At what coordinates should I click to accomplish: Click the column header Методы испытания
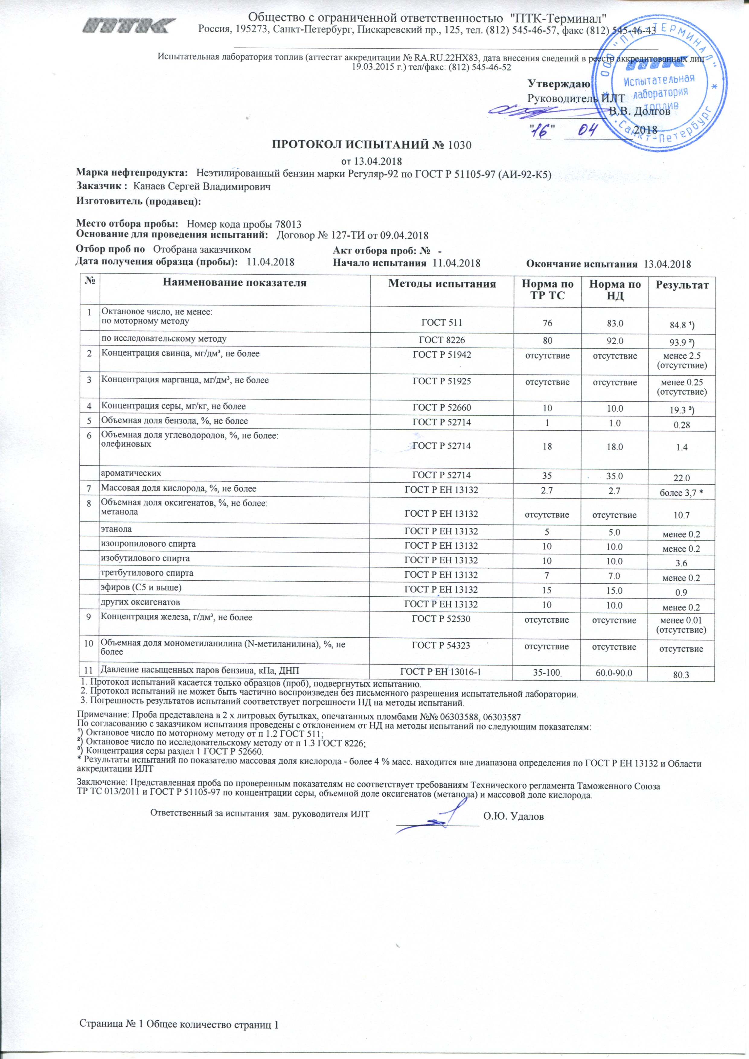coord(442,284)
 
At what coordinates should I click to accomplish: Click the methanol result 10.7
coord(681,515)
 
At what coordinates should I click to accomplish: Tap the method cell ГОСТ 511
coord(442,323)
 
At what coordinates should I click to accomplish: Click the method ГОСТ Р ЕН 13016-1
coord(441,672)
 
